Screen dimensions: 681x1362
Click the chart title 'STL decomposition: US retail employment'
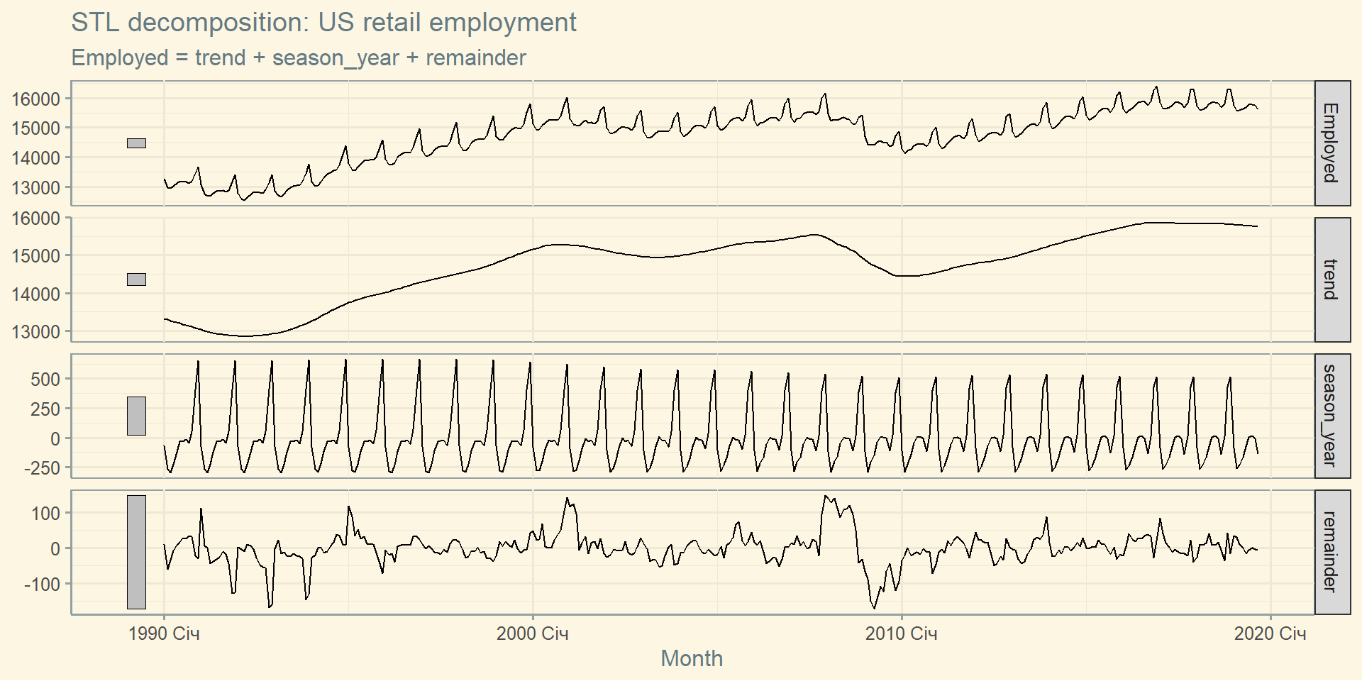[323, 23]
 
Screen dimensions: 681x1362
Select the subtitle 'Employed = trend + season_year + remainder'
[299, 58]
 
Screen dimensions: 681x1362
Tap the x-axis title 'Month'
[692, 658]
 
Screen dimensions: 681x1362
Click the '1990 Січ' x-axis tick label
[164, 633]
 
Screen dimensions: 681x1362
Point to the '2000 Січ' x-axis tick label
[532, 633]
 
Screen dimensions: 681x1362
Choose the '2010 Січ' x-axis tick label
[901, 633]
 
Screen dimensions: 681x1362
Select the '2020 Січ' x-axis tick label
[1270, 633]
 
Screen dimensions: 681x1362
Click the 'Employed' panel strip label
[1331, 143]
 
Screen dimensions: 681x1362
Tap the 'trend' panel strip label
[1331, 279]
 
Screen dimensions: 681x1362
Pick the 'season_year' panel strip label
[1331, 416]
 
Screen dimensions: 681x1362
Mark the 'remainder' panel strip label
[1331, 552]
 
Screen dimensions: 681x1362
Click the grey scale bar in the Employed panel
[136, 143]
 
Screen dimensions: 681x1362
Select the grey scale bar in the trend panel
[136, 279]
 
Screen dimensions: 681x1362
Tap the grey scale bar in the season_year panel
[136, 416]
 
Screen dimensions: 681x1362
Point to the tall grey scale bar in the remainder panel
[136, 552]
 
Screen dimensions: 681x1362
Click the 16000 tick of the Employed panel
[35, 99]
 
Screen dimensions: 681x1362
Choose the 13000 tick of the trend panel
[35, 332]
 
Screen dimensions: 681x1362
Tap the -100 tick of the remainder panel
[43, 585]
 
